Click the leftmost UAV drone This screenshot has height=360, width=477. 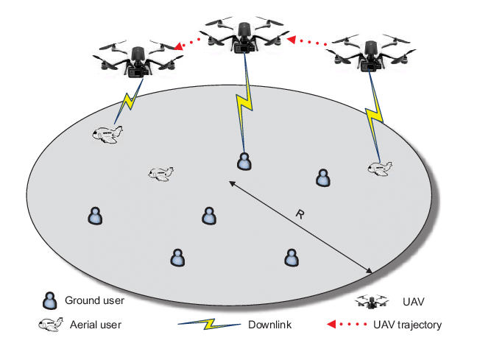coord(137,60)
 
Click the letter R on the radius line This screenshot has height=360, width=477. coord(300,214)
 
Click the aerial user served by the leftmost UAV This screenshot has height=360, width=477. coord(107,135)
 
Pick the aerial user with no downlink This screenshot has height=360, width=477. coord(160,173)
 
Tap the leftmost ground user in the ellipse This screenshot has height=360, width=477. coord(95,216)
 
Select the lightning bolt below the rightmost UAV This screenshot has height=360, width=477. coord(373,113)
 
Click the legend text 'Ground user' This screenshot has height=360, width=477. coord(95,300)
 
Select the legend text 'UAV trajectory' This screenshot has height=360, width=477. coord(413,324)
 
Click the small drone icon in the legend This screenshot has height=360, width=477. coord(372,300)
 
